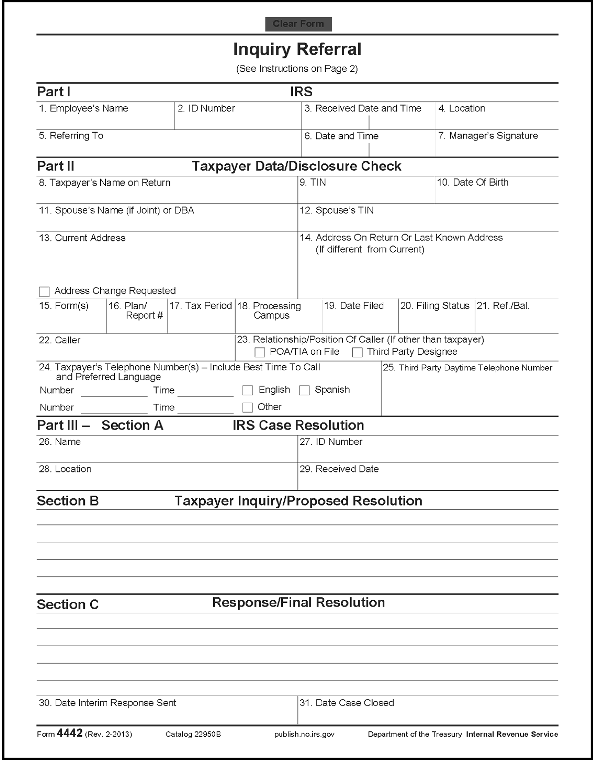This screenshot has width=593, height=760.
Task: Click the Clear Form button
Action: point(298,24)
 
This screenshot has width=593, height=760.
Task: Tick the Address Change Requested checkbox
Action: point(45,291)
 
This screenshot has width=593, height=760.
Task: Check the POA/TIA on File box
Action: point(260,352)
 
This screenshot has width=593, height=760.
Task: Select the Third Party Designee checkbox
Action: point(357,352)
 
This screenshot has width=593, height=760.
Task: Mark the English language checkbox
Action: point(247,390)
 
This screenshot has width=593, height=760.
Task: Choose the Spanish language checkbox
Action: point(304,390)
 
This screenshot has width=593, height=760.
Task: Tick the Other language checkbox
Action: point(247,407)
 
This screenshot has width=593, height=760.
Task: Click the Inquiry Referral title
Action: point(297,49)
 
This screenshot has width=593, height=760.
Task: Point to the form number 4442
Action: point(70,733)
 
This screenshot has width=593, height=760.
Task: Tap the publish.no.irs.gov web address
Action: point(304,734)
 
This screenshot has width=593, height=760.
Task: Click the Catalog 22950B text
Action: point(193,734)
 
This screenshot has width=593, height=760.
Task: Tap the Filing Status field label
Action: point(435,306)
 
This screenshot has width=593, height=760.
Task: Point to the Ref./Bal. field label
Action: point(503,306)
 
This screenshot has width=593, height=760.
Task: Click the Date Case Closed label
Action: point(347,703)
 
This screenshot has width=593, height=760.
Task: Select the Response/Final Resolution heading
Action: point(299,603)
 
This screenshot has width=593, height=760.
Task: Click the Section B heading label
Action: point(68,501)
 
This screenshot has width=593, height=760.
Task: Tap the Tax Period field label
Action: point(200,306)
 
